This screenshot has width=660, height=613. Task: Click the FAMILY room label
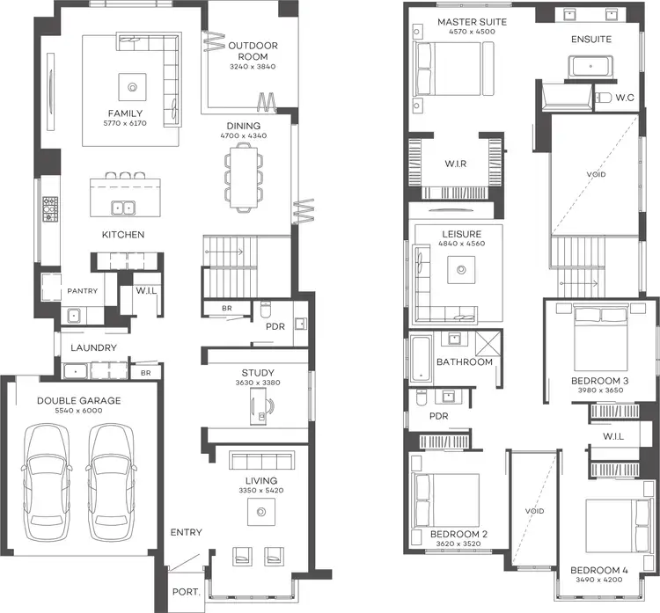click(126, 113)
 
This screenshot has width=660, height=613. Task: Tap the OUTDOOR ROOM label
click(253, 46)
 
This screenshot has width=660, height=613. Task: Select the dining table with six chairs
click(242, 176)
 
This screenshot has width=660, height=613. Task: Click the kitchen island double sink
click(123, 208)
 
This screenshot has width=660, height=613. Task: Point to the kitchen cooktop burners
click(49, 208)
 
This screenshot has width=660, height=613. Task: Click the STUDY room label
click(258, 372)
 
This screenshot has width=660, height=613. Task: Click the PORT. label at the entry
click(186, 593)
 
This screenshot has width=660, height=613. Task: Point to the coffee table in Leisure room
click(461, 271)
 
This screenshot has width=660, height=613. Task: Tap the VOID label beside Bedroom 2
click(534, 511)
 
